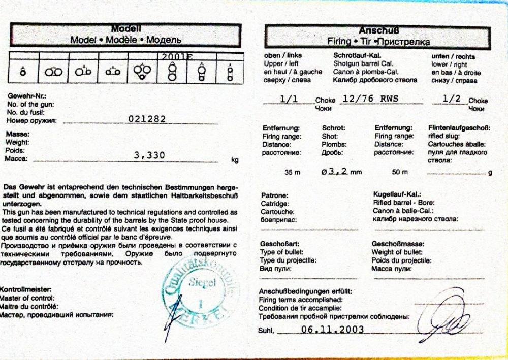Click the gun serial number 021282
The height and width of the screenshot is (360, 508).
[x=148, y=119]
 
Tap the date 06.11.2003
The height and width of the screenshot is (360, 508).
[x=332, y=329]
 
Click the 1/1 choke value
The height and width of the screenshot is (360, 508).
[x=289, y=100]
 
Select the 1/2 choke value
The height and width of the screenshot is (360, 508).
[x=451, y=100]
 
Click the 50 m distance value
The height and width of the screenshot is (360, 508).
[x=400, y=172]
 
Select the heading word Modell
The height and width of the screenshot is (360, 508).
[x=126, y=29]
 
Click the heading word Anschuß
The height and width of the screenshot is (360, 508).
[x=376, y=30]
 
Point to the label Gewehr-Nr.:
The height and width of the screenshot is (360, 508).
[x=22, y=96]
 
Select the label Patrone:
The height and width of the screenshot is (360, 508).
[x=275, y=195]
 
